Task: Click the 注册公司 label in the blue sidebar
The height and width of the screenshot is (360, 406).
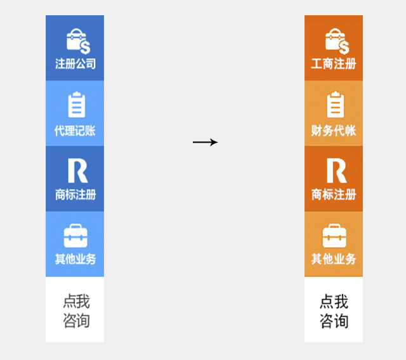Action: (75, 64)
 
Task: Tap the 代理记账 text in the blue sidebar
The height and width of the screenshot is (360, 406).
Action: (75, 131)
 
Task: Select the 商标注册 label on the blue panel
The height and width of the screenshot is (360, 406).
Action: (75, 195)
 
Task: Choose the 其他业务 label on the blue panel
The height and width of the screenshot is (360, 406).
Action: (75, 259)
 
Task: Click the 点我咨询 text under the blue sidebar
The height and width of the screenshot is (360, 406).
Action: (76, 311)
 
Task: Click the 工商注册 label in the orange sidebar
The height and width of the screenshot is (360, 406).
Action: (334, 64)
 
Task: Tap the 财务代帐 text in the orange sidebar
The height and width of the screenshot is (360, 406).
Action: (334, 131)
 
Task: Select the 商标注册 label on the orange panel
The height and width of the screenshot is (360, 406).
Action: (334, 195)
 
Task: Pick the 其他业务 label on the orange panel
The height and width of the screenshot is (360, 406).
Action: (334, 259)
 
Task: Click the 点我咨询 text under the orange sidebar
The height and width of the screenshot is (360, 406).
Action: (334, 311)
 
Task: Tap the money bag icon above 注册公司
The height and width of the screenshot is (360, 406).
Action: (78, 41)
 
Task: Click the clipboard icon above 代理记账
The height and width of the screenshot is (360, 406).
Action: (76, 105)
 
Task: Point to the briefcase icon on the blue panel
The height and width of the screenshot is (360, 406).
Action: (75, 236)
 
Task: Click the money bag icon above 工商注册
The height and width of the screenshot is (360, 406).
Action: (336, 41)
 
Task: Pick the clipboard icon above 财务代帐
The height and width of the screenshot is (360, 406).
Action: (335, 105)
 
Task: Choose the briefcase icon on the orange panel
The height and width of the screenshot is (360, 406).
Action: (334, 236)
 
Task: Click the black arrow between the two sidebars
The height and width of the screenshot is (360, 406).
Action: (205, 143)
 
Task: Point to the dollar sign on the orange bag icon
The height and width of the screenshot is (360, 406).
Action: (343, 48)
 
